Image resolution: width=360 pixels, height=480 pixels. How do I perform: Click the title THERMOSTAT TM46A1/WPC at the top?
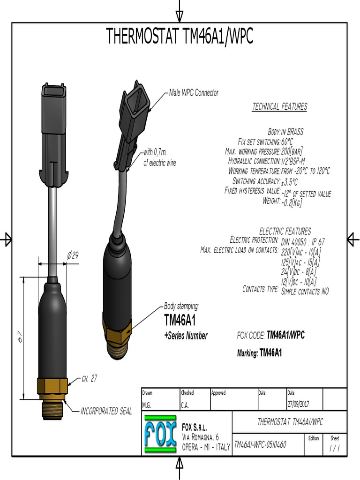click(180, 37)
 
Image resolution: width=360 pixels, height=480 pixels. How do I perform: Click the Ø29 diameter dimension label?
click(73, 255)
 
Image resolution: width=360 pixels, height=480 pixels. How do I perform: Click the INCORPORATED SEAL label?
click(106, 412)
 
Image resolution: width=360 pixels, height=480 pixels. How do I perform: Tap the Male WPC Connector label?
click(194, 93)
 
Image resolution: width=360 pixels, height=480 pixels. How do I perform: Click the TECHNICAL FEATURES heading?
click(280, 107)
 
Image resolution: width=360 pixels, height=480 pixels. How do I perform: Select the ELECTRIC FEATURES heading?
click(285, 231)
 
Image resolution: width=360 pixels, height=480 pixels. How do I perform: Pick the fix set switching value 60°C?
click(287, 142)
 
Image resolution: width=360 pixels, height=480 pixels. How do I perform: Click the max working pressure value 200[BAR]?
click(292, 151)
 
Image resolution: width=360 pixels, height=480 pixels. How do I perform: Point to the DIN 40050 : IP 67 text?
click(303, 242)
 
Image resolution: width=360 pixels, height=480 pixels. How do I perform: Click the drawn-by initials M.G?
click(147, 405)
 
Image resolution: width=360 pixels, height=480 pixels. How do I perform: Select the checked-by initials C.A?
click(186, 405)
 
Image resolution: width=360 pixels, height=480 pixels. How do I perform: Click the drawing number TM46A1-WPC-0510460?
click(260, 444)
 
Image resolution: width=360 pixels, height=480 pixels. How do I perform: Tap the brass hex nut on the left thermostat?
click(52, 386)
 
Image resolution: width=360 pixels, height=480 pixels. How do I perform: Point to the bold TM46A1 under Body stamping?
click(180, 320)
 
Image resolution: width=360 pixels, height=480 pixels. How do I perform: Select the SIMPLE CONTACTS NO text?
click(305, 291)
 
